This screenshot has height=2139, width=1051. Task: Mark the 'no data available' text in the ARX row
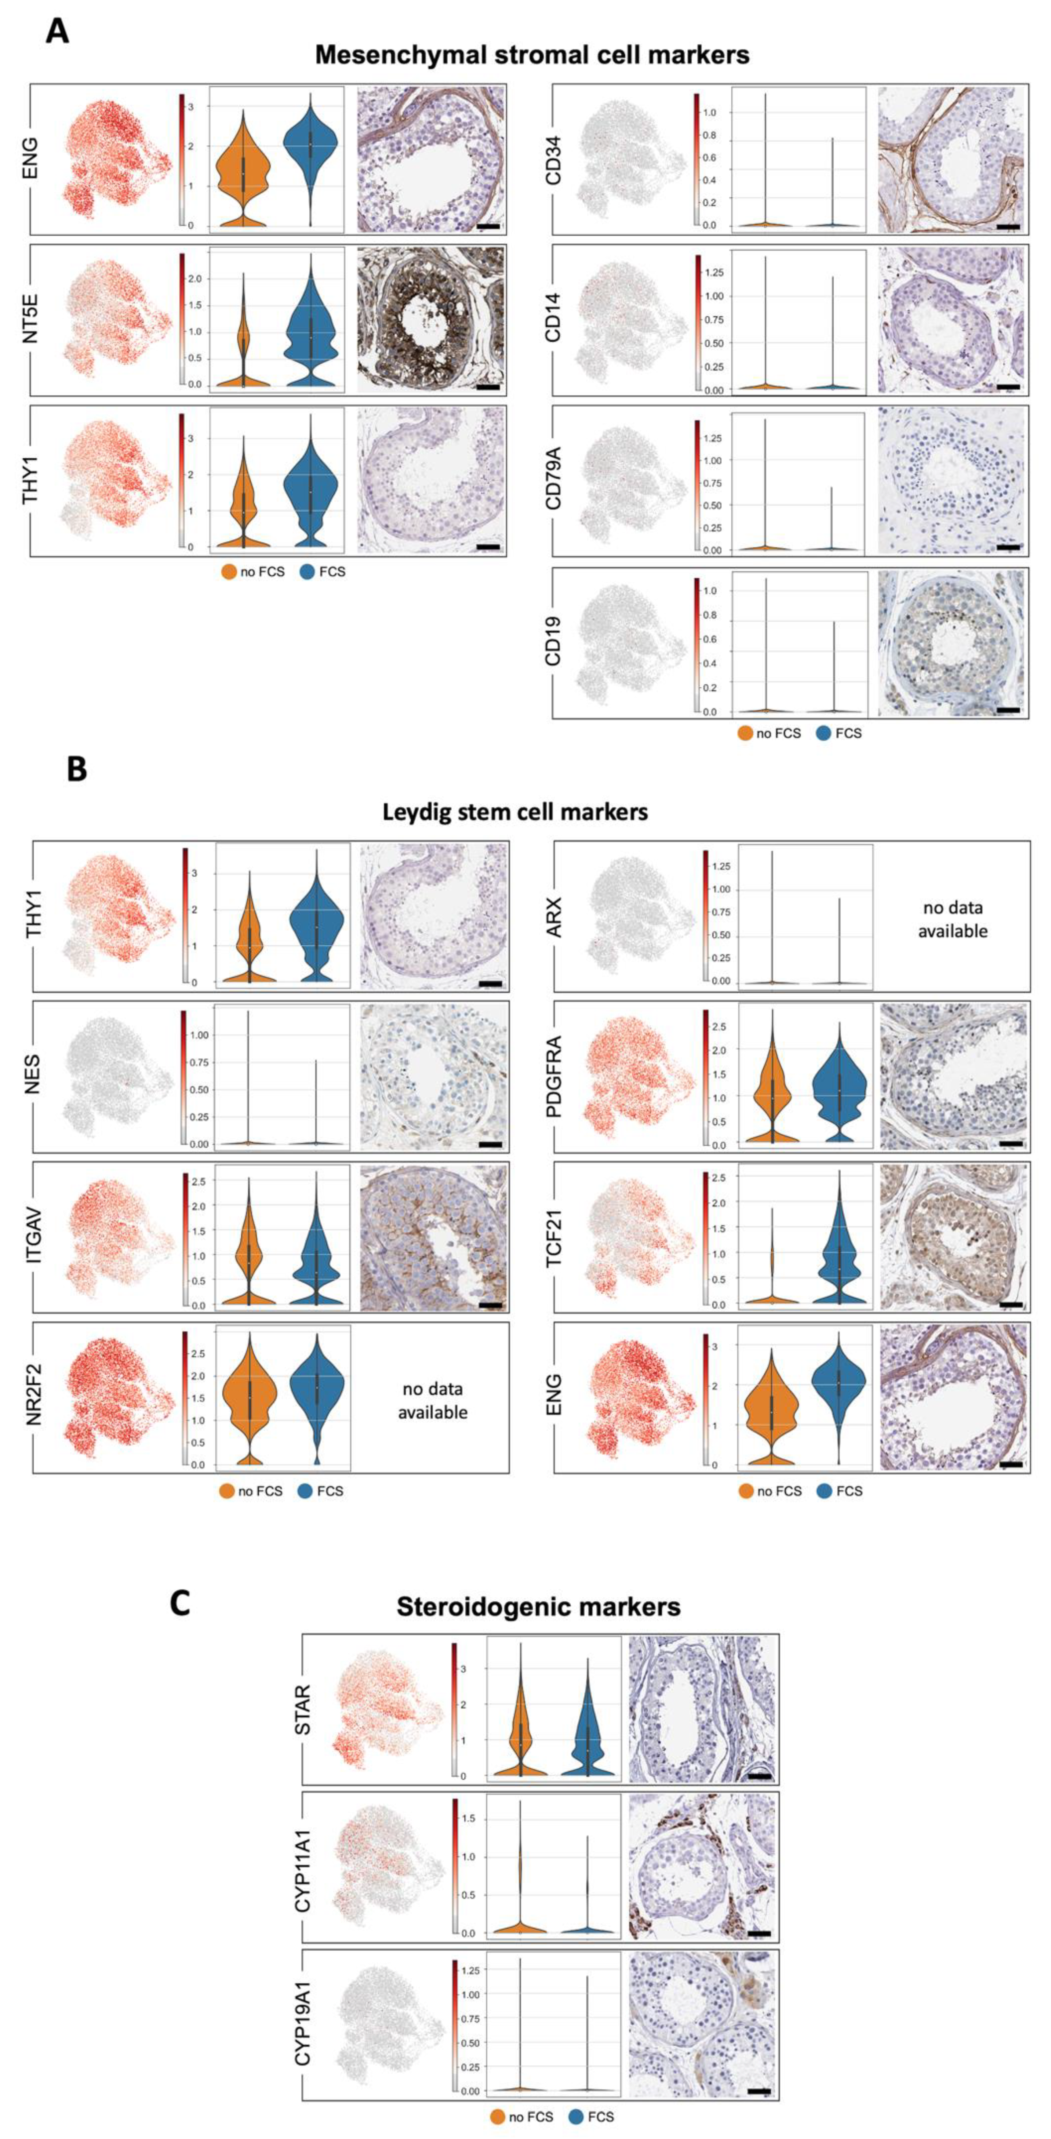click(952, 919)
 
